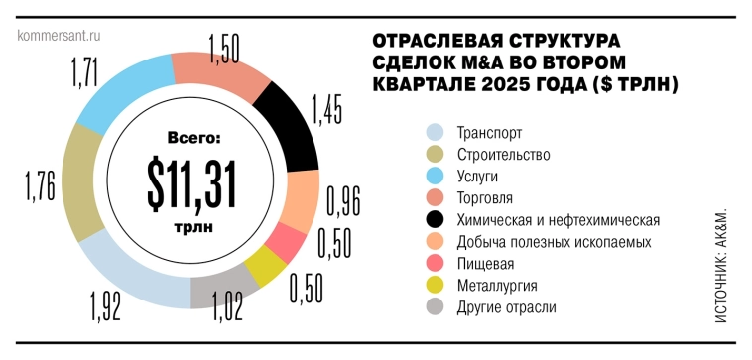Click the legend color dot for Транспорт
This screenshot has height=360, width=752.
point(433,133)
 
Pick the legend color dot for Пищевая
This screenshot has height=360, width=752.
point(433,263)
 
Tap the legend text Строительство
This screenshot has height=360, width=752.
point(503,155)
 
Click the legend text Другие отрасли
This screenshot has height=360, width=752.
point(506,306)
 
